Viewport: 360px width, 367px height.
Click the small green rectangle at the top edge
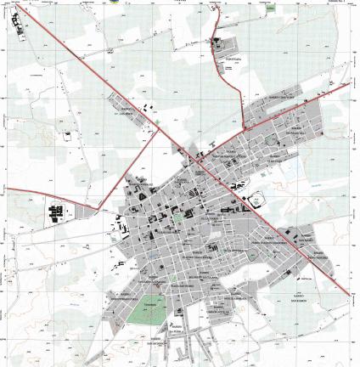[x=270, y=9]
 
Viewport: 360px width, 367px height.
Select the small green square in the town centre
[x=177, y=216]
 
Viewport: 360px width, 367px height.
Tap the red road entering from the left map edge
[x=3, y=188]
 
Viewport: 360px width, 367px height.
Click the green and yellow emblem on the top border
[x=114, y=2]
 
